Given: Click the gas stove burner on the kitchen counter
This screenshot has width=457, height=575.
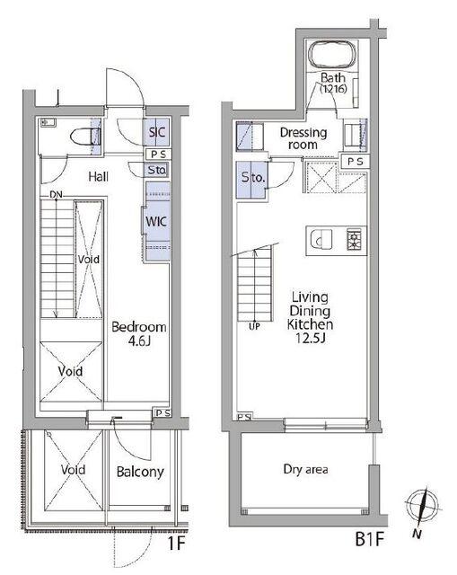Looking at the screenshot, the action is coord(355,240).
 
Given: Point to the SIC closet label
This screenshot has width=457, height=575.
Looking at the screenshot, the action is coord(157,132).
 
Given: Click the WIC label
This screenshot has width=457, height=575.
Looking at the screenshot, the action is coord(156,222).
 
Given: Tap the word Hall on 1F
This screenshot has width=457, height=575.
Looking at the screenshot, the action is coord(98,177).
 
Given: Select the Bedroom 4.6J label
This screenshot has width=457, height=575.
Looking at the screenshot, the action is coord(139,333).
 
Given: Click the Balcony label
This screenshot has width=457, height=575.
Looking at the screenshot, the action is coord(140,472).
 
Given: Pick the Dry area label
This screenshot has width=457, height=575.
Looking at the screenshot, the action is coord(305,469).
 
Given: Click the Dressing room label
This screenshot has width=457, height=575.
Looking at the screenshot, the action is coord(303,138).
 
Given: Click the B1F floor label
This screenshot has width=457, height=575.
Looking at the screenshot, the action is coord(369,539).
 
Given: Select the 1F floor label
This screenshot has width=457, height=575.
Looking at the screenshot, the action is coord(176,543).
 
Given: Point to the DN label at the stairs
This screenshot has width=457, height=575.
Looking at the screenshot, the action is coord(56,195).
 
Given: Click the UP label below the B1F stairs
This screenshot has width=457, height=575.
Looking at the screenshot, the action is coord(254,326).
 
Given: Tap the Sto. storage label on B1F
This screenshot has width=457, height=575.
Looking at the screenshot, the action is coord(253,178).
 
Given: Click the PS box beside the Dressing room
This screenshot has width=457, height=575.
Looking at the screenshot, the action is coord(356,162).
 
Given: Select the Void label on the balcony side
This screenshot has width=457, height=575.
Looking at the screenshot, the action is coord(73,470).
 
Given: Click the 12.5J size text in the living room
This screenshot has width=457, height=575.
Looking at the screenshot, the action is coord(311,338).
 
